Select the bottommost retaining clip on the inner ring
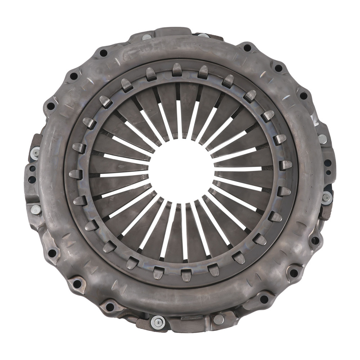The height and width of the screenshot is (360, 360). point(186,274)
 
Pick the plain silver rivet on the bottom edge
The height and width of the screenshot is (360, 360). point(219,318)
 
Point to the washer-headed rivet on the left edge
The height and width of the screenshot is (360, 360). point(35,152)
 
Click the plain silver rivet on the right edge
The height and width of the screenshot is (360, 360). point(323,139)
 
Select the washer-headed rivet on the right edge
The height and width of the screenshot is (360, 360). point(327,198)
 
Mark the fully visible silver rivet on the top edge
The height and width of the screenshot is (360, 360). point(147,37)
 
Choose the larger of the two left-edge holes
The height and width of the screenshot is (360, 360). point(31,180)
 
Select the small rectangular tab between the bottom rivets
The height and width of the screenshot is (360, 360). point(188,318)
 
